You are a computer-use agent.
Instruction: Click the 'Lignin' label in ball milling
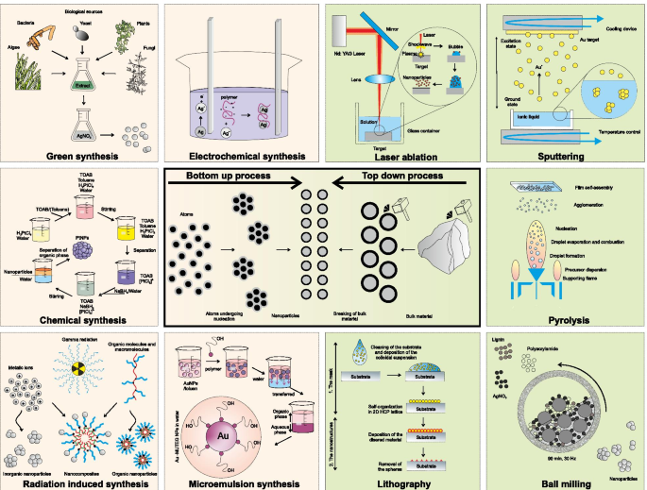[502, 335]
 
